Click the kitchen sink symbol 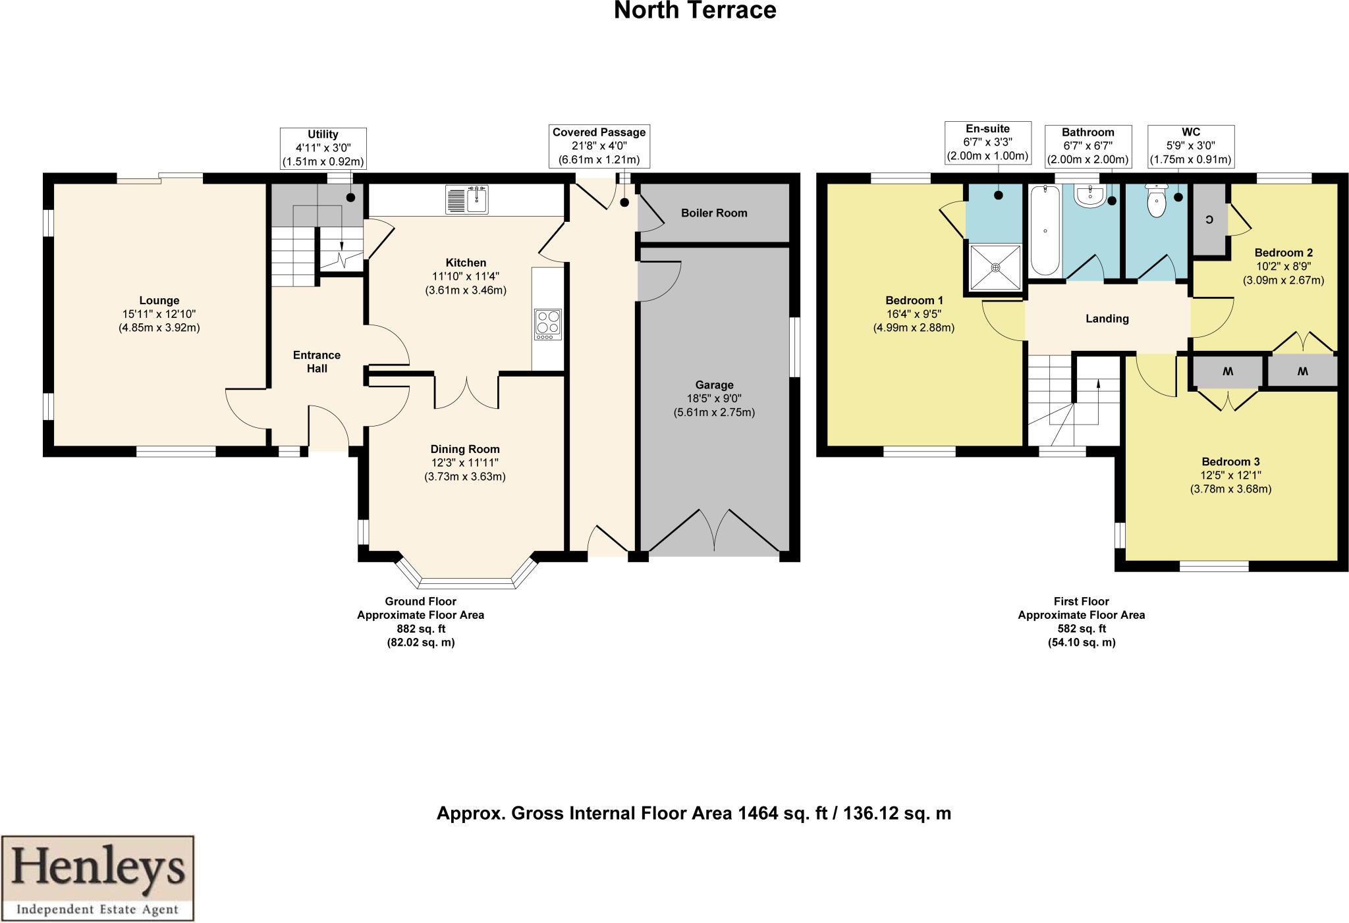click(467, 199)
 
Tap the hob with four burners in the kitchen click(548, 325)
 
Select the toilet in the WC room click(1157, 201)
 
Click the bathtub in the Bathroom click(1045, 230)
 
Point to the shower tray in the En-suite click(995, 267)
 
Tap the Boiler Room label click(714, 213)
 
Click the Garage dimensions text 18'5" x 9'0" click(714, 398)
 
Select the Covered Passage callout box click(599, 146)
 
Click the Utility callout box click(323, 148)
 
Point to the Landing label click(1107, 319)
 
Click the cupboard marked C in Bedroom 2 click(1209, 220)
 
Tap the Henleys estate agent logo click(97, 878)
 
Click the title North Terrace click(695, 11)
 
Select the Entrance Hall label click(317, 361)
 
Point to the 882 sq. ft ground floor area click(421, 629)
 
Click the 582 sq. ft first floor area click(1081, 629)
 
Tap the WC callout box click(1190, 146)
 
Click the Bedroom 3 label click(1230, 461)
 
